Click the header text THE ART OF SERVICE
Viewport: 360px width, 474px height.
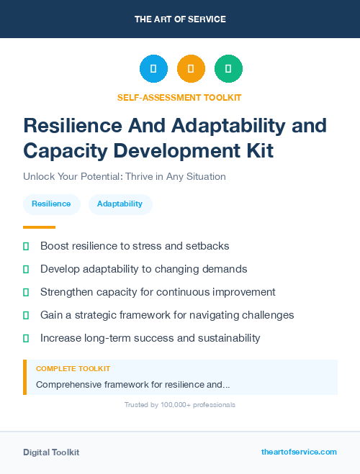click(x=180, y=19)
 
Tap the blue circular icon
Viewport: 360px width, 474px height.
click(x=153, y=69)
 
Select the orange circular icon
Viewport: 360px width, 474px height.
click(x=191, y=69)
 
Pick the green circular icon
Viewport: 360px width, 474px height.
click(x=228, y=69)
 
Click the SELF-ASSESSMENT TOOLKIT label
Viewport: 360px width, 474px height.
click(x=180, y=97)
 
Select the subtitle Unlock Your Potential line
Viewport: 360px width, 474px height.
click(x=125, y=176)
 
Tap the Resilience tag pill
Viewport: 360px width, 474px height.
click(x=51, y=204)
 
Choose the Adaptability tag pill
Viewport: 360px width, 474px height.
click(x=120, y=204)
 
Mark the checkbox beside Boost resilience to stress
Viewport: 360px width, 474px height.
click(x=26, y=246)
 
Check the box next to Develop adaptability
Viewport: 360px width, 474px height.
click(x=26, y=269)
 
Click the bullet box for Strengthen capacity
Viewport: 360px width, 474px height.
click(x=26, y=292)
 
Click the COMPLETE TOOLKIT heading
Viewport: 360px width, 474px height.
click(x=73, y=369)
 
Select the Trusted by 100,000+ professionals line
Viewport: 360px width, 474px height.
click(x=180, y=405)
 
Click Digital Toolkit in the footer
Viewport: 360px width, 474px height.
click(x=51, y=452)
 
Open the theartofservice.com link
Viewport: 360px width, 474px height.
click(x=299, y=452)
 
